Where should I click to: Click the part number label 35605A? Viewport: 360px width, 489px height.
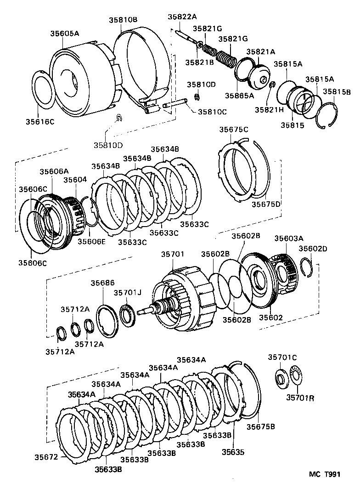65,34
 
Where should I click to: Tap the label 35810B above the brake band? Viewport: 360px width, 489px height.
123,20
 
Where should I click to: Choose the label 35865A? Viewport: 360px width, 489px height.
239,96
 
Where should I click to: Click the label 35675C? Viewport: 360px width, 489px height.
233,130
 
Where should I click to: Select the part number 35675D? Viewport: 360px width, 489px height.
266,204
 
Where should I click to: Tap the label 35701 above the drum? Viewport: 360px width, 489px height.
172,253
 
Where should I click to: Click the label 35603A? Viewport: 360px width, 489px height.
289,238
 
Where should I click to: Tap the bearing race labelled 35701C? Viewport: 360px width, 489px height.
280,378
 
